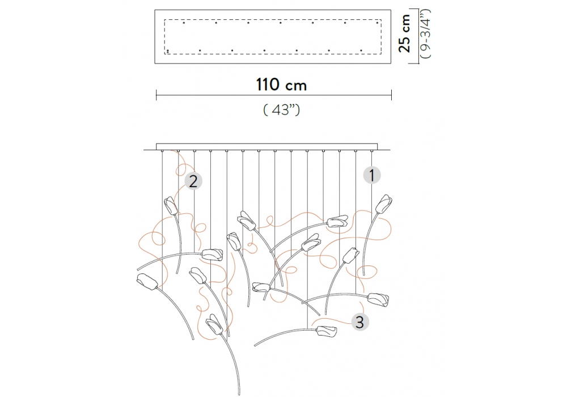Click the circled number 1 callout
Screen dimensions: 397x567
(x=372, y=175)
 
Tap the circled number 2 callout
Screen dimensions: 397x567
(x=193, y=181)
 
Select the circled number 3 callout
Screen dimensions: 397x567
(x=359, y=322)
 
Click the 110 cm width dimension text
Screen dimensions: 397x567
(x=281, y=85)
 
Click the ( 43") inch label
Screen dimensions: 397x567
(x=282, y=110)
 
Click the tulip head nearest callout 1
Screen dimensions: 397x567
(x=384, y=205)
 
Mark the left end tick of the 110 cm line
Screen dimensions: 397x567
(x=156, y=94)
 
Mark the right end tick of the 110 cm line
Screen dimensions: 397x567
(x=392, y=94)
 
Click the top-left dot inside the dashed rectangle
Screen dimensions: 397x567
(x=184, y=23)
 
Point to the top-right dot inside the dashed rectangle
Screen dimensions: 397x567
(x=378, y=23)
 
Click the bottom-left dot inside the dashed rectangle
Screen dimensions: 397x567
(x=168, y=51)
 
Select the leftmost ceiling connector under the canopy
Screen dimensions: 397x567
(x=162, y=151)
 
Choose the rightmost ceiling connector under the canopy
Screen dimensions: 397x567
(x=373, y=151)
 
